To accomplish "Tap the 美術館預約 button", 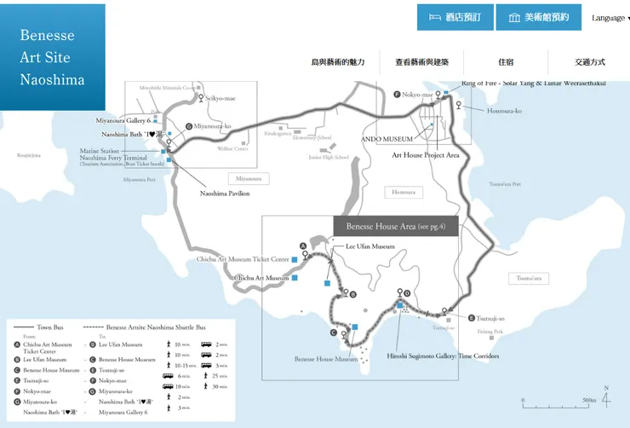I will [x=538, y=17].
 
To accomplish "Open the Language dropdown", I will [x=610, y=18].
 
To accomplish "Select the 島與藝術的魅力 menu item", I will [x=337, y=62].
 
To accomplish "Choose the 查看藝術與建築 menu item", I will [x=421, y=62].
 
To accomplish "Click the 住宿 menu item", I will [x=506, y=62].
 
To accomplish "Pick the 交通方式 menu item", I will [x=589, y=62].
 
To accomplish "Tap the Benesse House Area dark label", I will [x=396, y=226].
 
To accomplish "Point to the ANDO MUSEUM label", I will [x=387, y=139].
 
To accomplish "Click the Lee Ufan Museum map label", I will [x=369, y=246].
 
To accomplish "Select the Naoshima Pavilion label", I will [x=225, y=194].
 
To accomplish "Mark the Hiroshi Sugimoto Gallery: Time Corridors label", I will [x=443, y=356].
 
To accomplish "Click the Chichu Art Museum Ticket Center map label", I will [x=243, y=258].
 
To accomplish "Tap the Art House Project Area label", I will [x=426, y=155].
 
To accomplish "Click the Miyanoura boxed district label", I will [x=248, y=178].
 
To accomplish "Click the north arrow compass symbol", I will [x=605, y=398].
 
